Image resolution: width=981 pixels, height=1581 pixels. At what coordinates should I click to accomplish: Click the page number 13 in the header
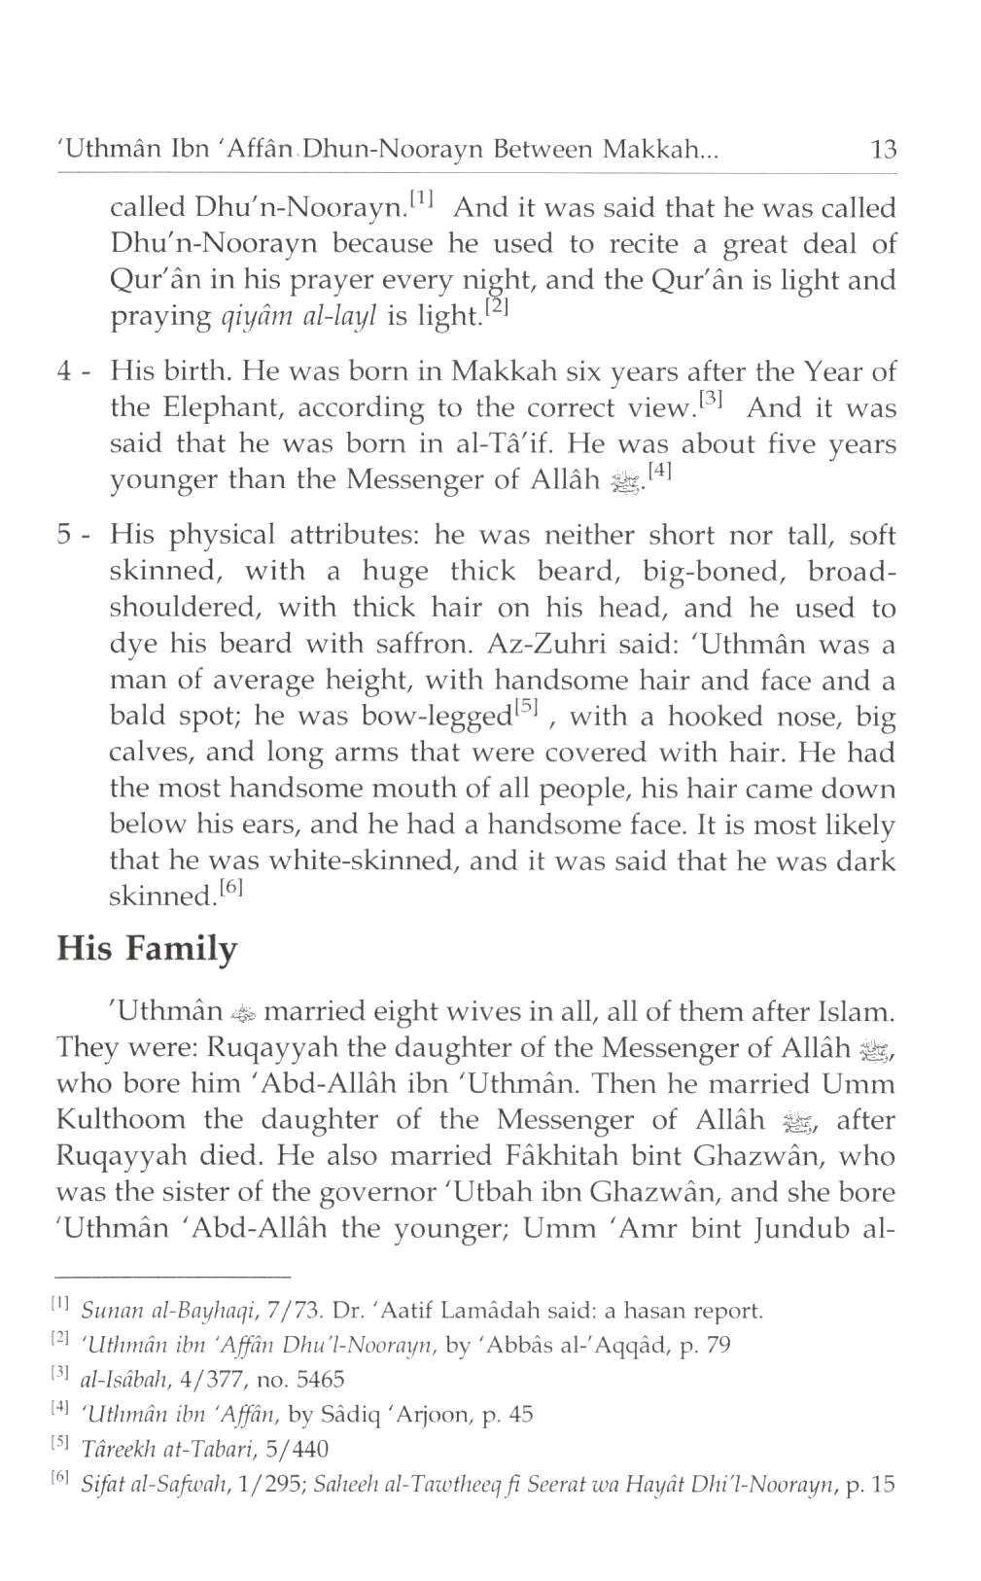(883, 150)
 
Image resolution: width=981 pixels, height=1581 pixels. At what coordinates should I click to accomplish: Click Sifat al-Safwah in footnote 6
(136, 1485)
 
